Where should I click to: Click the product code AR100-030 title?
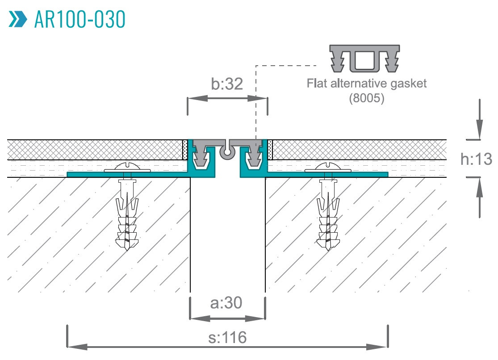[80, 19]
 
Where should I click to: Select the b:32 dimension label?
[227, 84]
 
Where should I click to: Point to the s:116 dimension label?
[227, 337]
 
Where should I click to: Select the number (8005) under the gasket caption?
[366, 98]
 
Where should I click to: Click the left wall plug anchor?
[127, 214]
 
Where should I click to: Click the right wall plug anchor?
[327, 214]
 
